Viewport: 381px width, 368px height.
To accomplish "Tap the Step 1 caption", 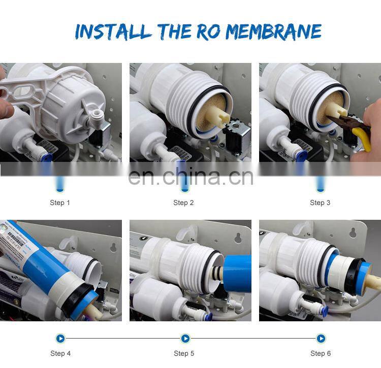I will point(60,203).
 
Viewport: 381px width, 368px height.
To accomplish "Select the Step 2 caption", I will point(183,203).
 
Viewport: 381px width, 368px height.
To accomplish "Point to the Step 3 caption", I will point(320,203).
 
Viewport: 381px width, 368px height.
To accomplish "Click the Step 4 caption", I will point(60,353).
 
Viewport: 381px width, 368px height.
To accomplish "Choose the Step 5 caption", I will point(184,353).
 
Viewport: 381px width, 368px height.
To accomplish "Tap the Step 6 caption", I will point(321,353).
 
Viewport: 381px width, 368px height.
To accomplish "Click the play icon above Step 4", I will point(60,338).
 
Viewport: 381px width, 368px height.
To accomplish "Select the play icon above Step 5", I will point(185,338).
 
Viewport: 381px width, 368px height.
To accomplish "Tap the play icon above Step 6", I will point(321,338).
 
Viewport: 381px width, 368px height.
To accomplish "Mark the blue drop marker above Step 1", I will point(60,183).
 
